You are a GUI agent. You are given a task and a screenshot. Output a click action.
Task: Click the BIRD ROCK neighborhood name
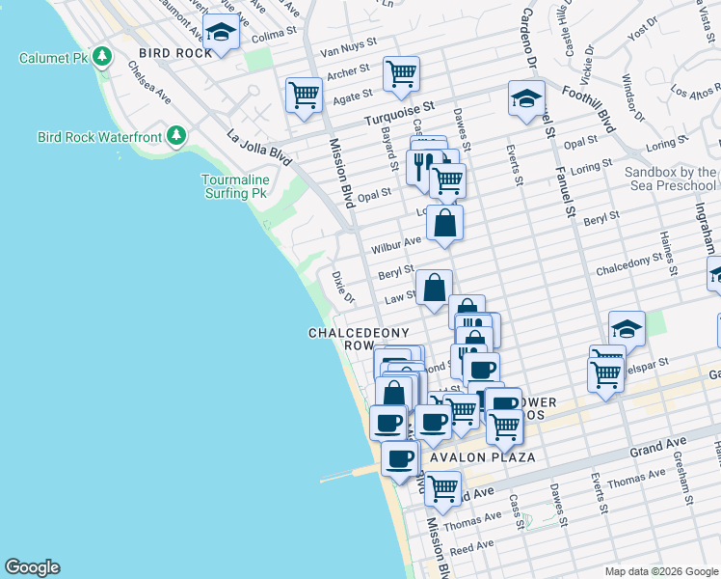(174, 52)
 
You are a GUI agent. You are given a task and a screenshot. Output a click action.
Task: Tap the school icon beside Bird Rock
(222, 33)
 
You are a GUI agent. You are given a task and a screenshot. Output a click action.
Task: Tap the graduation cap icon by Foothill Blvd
(526, 98)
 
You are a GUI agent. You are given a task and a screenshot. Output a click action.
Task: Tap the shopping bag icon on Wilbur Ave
(444, 223)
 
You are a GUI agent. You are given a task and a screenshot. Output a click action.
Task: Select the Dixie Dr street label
(336, 286)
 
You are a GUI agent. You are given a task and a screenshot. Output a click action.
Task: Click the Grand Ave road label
(659, 447)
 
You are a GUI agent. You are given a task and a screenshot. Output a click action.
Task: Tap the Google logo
(32, 567)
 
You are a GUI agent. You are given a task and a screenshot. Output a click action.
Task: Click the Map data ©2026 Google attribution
(660, 571)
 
